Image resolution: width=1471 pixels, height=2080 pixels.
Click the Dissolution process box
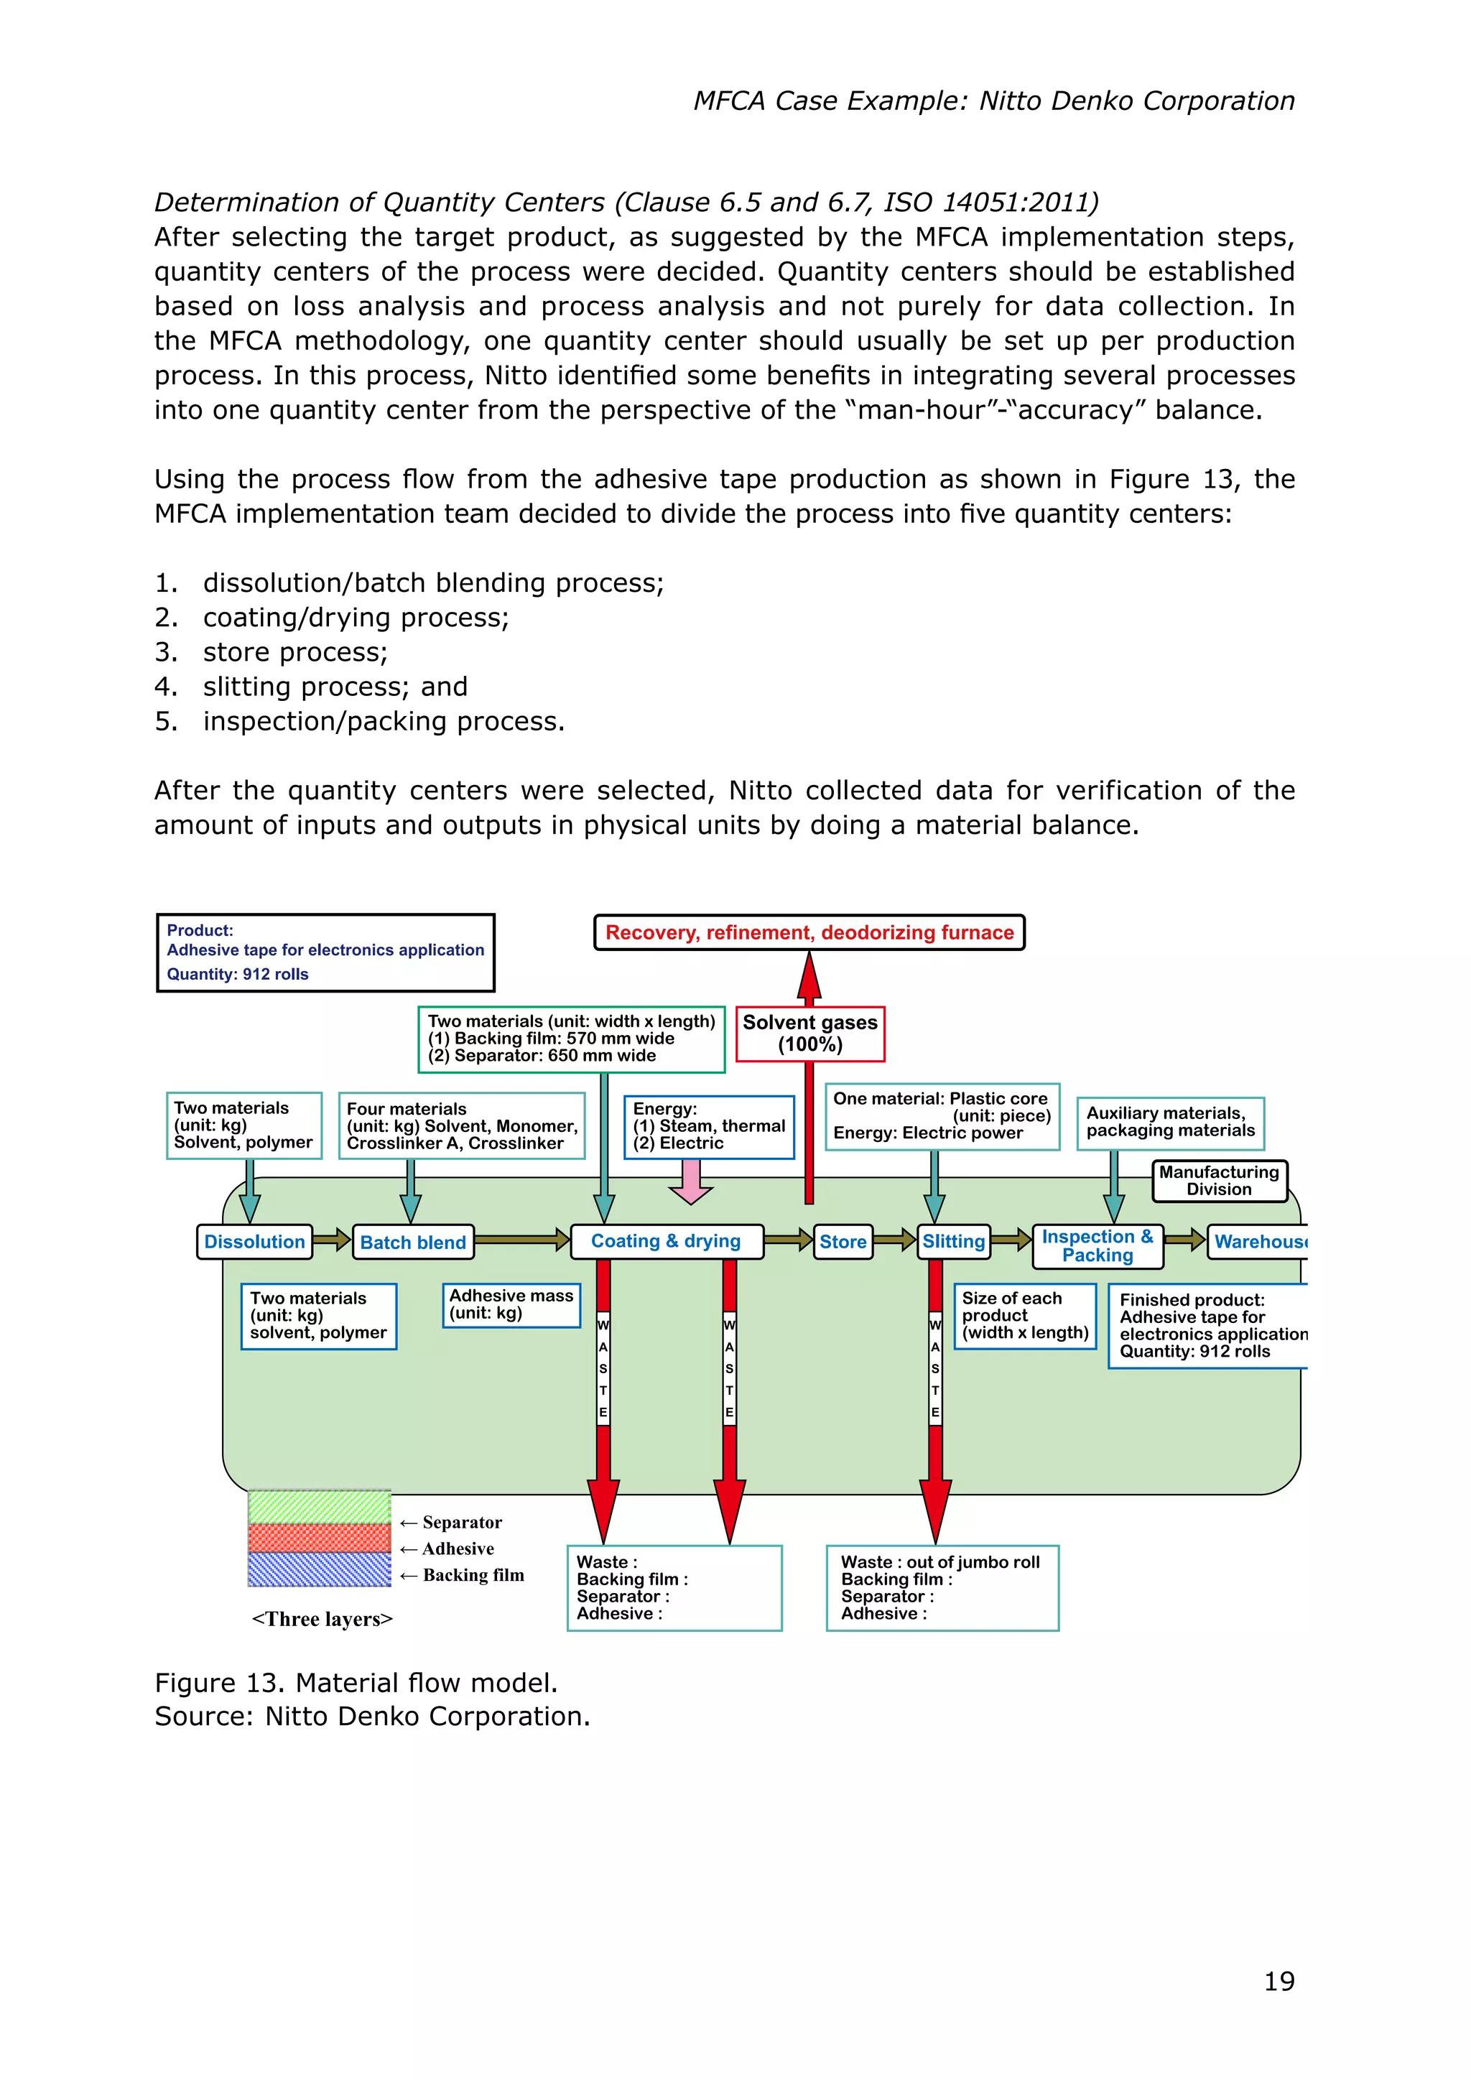click(254, 1241)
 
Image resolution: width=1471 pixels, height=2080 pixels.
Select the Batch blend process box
click(412, 1242)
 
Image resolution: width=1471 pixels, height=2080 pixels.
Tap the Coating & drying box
click(666, 1241)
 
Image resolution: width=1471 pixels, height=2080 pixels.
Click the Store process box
click(843, 1242)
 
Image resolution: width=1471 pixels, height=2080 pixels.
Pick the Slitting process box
click(953, 1241)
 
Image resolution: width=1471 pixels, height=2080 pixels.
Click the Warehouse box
click(1259, 1242)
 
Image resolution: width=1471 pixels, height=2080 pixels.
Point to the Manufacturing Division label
click(1218, 1181)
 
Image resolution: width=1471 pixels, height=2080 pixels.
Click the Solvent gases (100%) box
click(809, 1034)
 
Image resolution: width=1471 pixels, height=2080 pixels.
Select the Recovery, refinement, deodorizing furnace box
click(809, 932)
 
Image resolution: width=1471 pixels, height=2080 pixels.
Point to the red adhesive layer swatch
click(319, 1538)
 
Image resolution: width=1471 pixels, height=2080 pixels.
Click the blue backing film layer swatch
click(319, 1569)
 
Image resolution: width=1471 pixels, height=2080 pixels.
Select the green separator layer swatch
click(319, 1507)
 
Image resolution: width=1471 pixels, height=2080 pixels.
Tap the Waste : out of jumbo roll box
click(942, 1587)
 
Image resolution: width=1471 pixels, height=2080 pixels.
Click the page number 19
click(1279, 1982)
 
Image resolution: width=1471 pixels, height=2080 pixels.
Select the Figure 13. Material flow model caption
click(356, 1682)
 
